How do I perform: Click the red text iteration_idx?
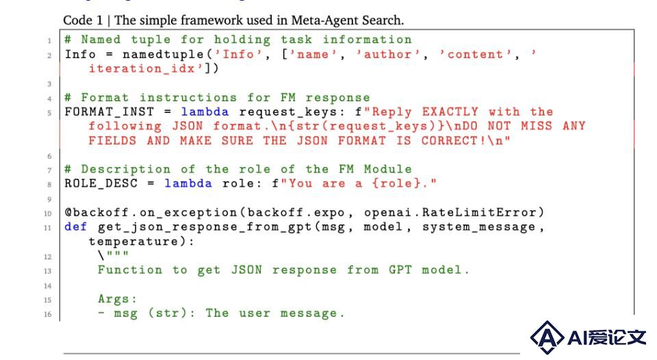(x=142, y=68)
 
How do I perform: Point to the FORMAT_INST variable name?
(x=109, y=112)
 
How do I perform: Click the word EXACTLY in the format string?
(x=450, y=112)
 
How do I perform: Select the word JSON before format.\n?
(x=188, y=126)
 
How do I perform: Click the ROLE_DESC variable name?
(x=101, y=183)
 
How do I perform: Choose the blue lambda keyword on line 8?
(x=188, y=183)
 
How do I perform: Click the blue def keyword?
(x=76, y=227)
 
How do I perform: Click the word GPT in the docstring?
(x=400, y=270)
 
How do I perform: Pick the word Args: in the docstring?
(x=117, y=299)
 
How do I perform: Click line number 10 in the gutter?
(x=48, y=214)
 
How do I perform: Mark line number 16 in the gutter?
(x=48, y=314)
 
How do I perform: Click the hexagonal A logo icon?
(x=547, y=337)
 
